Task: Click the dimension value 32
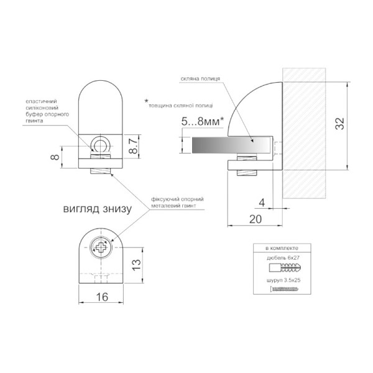pos(340,123)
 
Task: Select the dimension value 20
pos(256,219)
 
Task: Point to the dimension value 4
pos(262,203)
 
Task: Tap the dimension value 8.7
pos(134,146)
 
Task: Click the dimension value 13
pos(136,265)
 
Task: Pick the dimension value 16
pos(102,297)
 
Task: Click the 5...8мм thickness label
pos(203,122)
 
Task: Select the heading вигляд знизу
pos(98,209)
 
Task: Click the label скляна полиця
pos(200,79)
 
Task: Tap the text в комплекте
pos(282,248)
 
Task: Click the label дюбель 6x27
pos(283,257)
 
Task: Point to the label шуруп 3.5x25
pos(283,280)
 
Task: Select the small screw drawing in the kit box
pos(284,289)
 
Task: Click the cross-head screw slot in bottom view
pos(101,247)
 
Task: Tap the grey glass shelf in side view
pos(231,145)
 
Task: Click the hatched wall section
pos(304,133)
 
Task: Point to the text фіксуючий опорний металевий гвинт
pos(177,202)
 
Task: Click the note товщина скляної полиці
pos(180,106)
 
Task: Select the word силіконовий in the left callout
pos(42,108)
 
